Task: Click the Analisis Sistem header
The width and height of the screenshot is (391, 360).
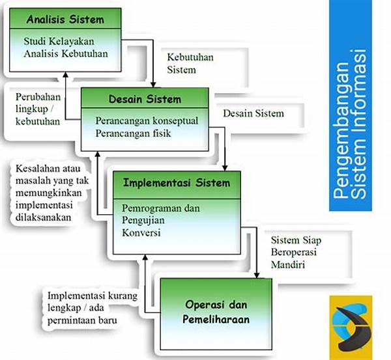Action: [x=65, y=18]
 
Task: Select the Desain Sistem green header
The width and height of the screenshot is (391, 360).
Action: [x=145, y=100]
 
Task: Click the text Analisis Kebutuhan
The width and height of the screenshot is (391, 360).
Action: [x=65, y=54]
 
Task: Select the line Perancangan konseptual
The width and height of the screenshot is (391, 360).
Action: [x=147, y=121]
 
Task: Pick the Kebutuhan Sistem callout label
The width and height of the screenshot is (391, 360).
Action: [x=190, y=63]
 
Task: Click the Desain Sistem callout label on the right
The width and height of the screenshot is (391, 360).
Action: [x=253, y=113]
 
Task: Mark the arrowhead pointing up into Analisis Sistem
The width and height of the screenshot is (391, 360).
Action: [x=63, y=75]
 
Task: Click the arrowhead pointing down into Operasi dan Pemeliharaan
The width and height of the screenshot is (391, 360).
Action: [x=256, y=273]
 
